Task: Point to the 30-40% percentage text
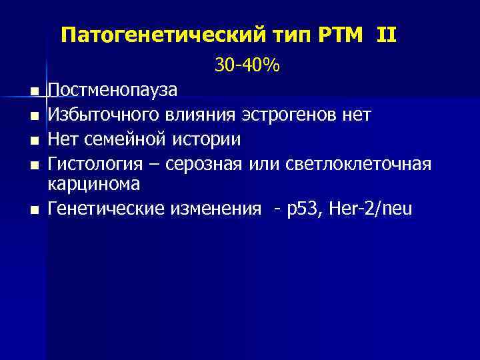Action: pos(247,65)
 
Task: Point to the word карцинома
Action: pos(94,185)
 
